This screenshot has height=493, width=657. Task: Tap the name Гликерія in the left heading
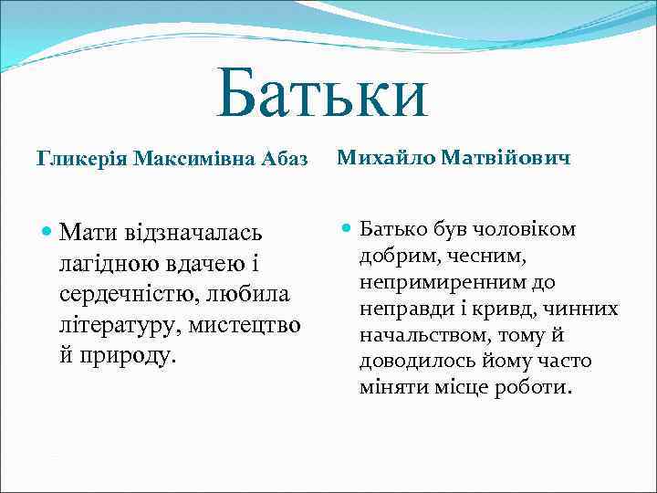[x=81, y=161]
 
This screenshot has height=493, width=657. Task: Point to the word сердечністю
[x=144, y=294]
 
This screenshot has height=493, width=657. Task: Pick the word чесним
[x=474, y=256]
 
